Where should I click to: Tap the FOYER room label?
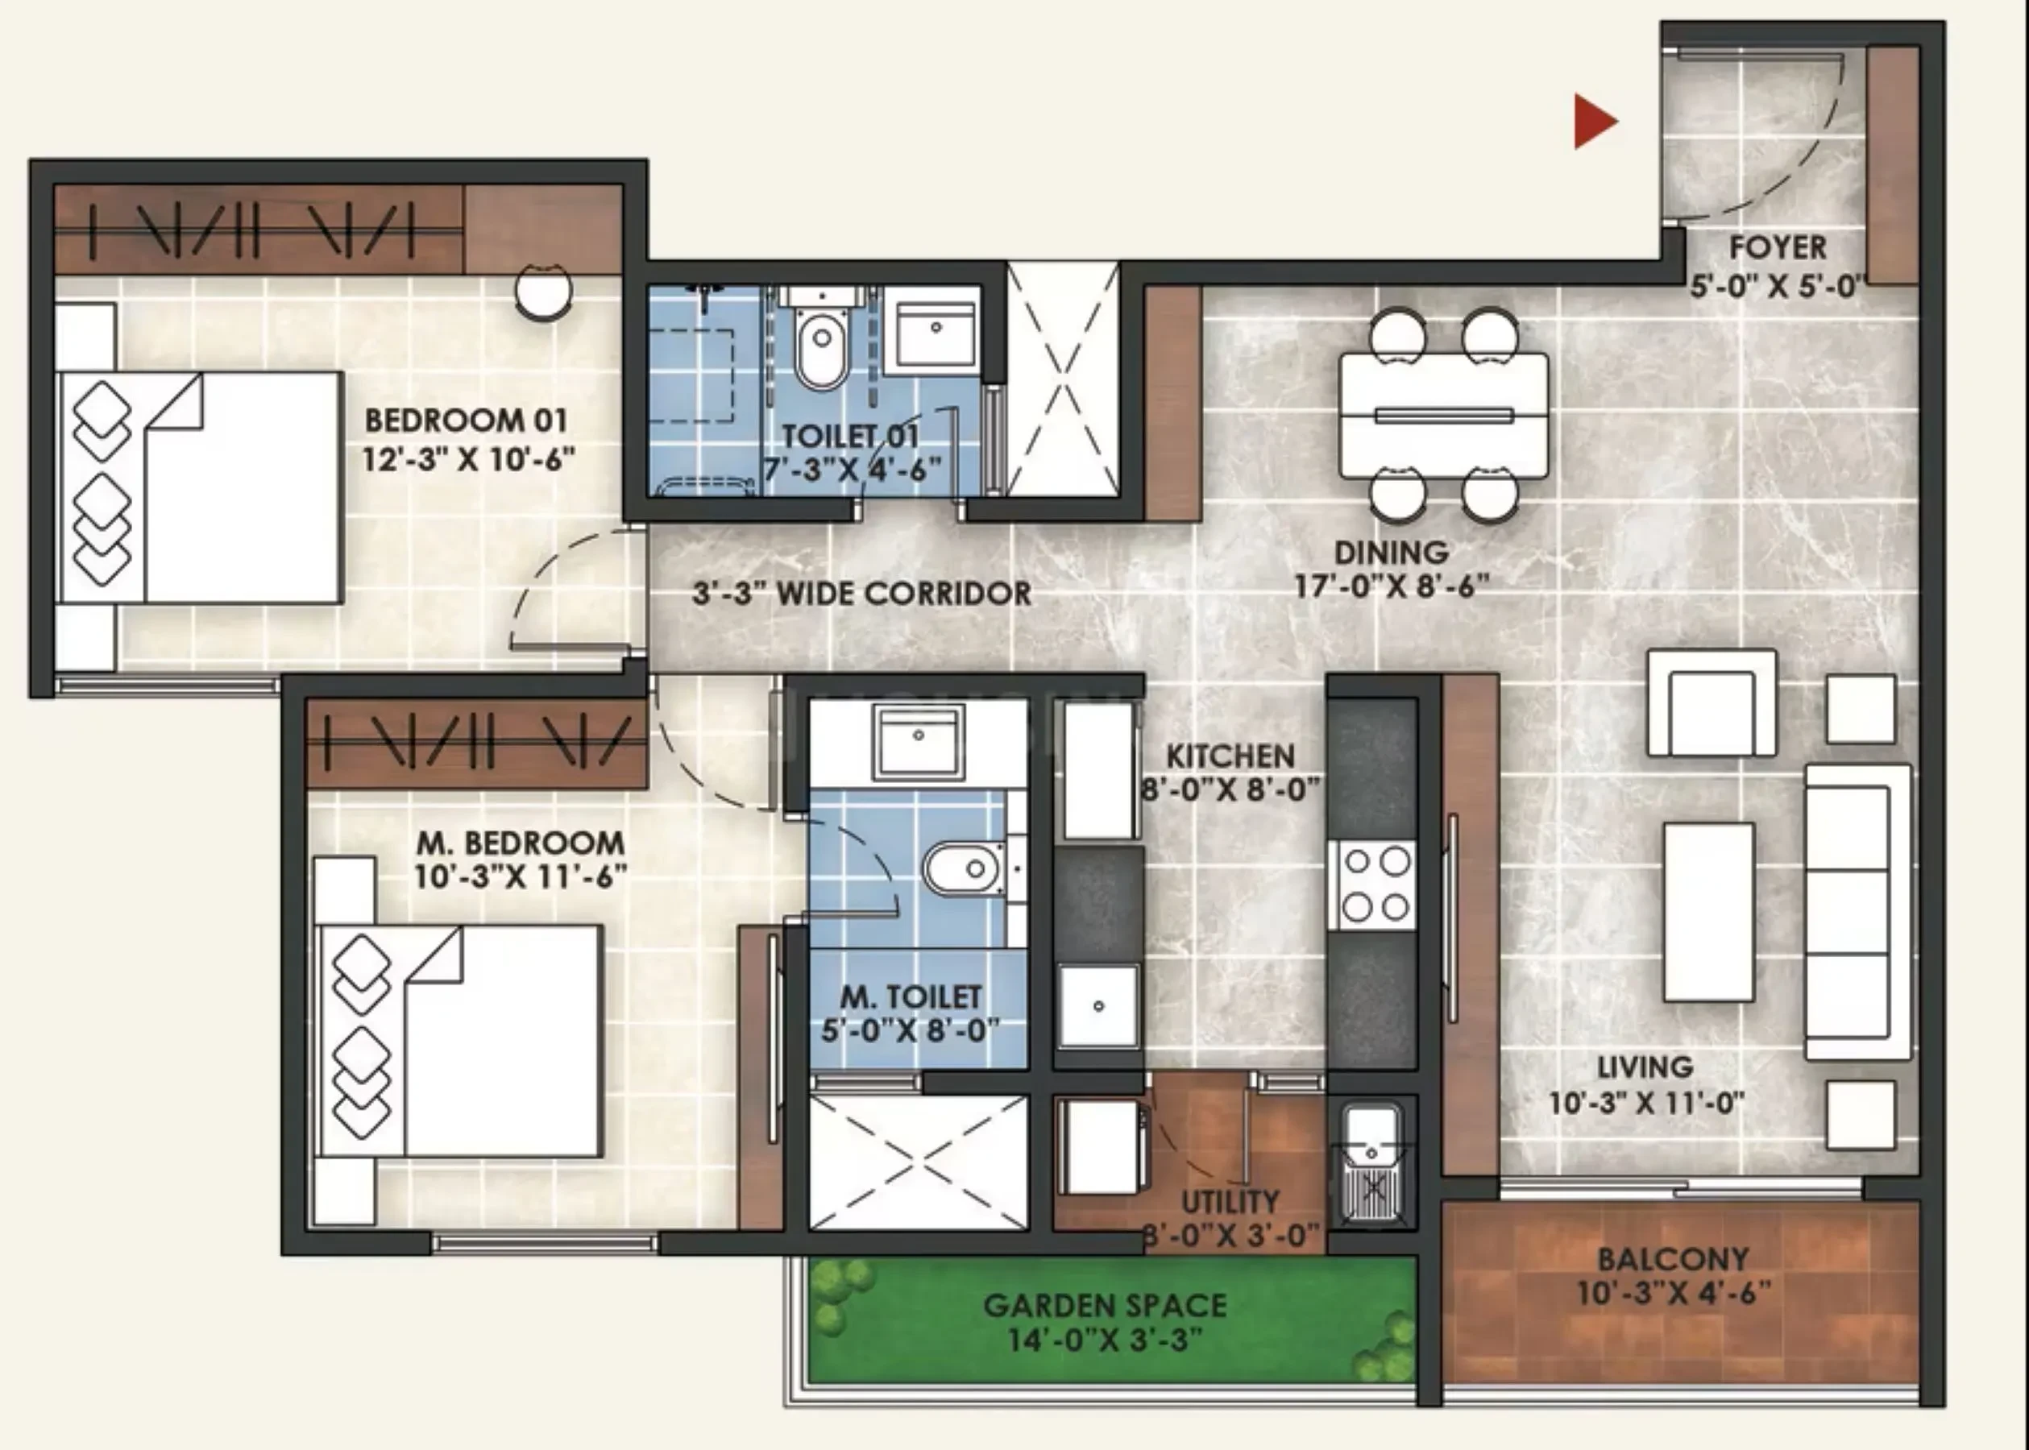click(1777, 247)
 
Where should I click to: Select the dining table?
click(1443, 415)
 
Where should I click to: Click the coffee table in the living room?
click(1707, 912)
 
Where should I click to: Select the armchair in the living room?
click(1711, 703)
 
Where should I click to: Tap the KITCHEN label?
click(1230, 756)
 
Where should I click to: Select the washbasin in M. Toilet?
click(919, 741)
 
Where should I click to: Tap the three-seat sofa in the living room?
click(1858, 911)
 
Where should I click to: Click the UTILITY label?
click(1230, 1202)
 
